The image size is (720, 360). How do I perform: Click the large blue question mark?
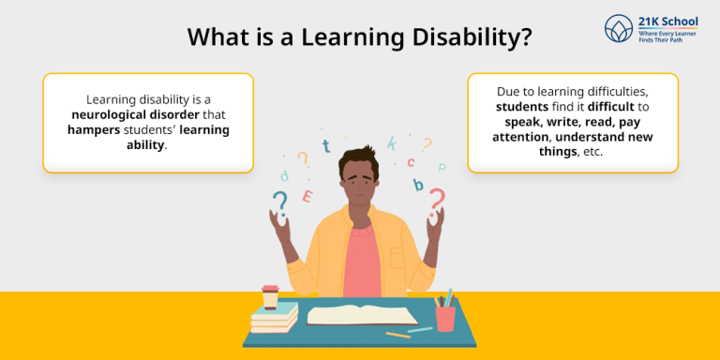(x=278, y=201)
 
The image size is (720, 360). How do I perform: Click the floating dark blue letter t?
(x=325, y=145)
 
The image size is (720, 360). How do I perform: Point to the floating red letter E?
(x=307, y=196)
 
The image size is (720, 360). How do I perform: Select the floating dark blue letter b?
(x=418, y=185)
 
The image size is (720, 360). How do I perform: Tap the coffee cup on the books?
(x=271, y=296)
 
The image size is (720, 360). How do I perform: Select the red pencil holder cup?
(x=444, y=317)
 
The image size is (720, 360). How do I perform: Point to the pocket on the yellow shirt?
(x=397, y=258)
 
